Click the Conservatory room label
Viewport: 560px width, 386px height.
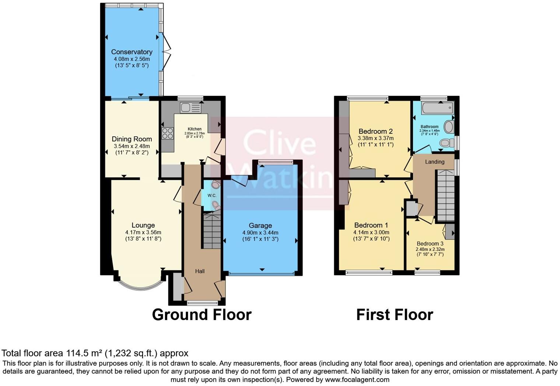pyautogui.click(x=132, y=52)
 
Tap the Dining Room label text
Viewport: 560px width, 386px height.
pyautogui.click(x=132, y=139)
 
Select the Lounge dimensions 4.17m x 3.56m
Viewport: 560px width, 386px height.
pyautogui.click(x=143, y=232)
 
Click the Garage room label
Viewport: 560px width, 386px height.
pyautogui.click(x=260, y=225)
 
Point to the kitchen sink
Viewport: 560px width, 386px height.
pyautogui.click(x=190, y=108)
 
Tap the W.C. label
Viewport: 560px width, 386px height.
pyautogui.click(x=212, y=196)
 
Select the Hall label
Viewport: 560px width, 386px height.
pyautogui.click(x=200, y=271)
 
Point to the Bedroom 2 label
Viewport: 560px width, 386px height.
pyautogui.click(x=375, y=131)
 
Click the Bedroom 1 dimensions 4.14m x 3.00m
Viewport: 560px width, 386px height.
pyautogui.click(x=371, y=232)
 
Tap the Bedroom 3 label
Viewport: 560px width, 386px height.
pyautogui.click(x=430, y=243)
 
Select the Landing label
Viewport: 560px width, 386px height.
pyautogui.click(x=435, y=162)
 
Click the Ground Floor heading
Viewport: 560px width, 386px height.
pyautogui.click(x=202, y=315)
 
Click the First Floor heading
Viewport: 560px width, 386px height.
pyautogui.click(x=395, y=315)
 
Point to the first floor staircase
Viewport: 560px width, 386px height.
pyautogui.click(x=445, y=195)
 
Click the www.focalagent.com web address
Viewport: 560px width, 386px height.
pyautogui.click(x=357, y=379)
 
